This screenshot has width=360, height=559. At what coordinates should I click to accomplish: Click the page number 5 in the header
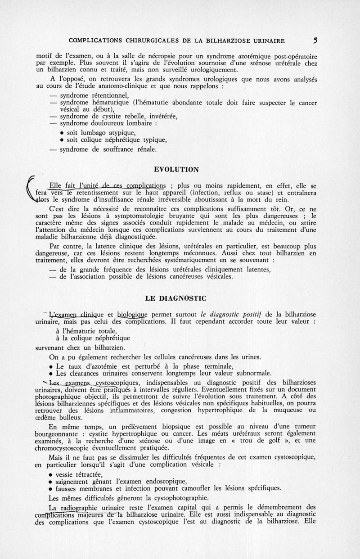click(x=316, y=40)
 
